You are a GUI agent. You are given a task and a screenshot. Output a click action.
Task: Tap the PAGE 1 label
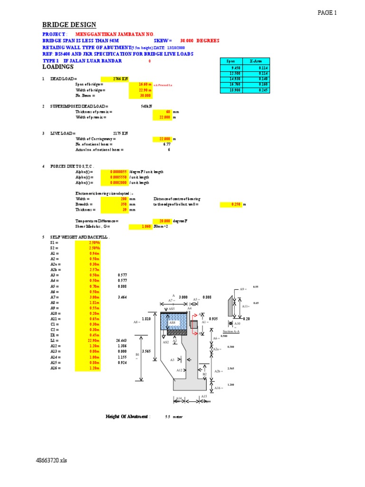[327, 13]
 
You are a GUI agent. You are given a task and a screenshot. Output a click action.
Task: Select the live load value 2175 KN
[120, 134]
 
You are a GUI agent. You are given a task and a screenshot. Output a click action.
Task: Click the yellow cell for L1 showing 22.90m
[88, 341]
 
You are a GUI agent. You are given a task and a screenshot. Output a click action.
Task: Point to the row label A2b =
[57, 269]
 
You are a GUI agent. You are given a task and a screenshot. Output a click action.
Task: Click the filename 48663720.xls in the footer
[51, 461]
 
